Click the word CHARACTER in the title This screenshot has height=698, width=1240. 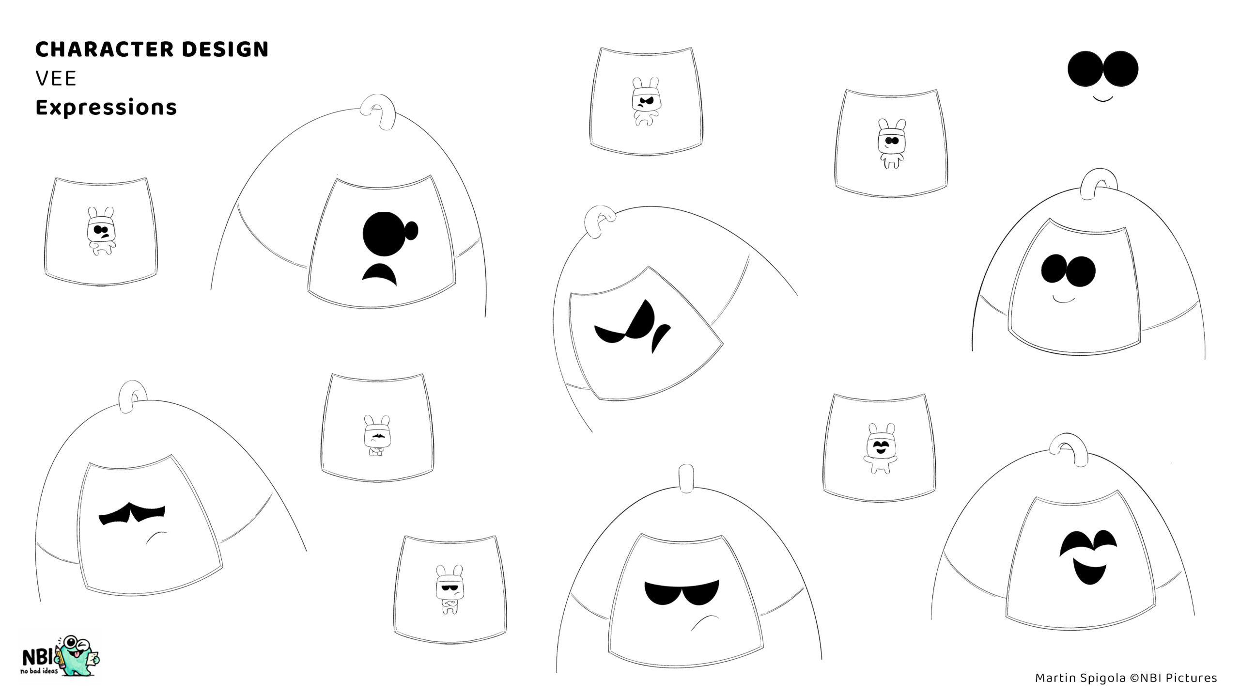105,49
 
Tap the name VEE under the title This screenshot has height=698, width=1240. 56,79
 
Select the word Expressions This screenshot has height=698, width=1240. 106,108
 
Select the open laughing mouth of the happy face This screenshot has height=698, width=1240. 1087,571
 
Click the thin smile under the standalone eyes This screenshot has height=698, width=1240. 1102,99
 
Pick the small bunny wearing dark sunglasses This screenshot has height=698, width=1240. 449,589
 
